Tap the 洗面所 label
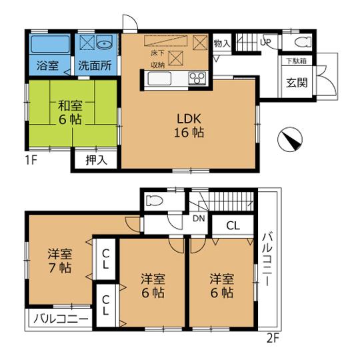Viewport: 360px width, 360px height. pos(96,67)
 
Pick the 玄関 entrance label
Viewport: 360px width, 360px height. pos(296,83)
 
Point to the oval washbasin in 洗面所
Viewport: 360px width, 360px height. pos(105,45)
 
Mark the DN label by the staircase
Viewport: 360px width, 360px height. pos(199,218)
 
